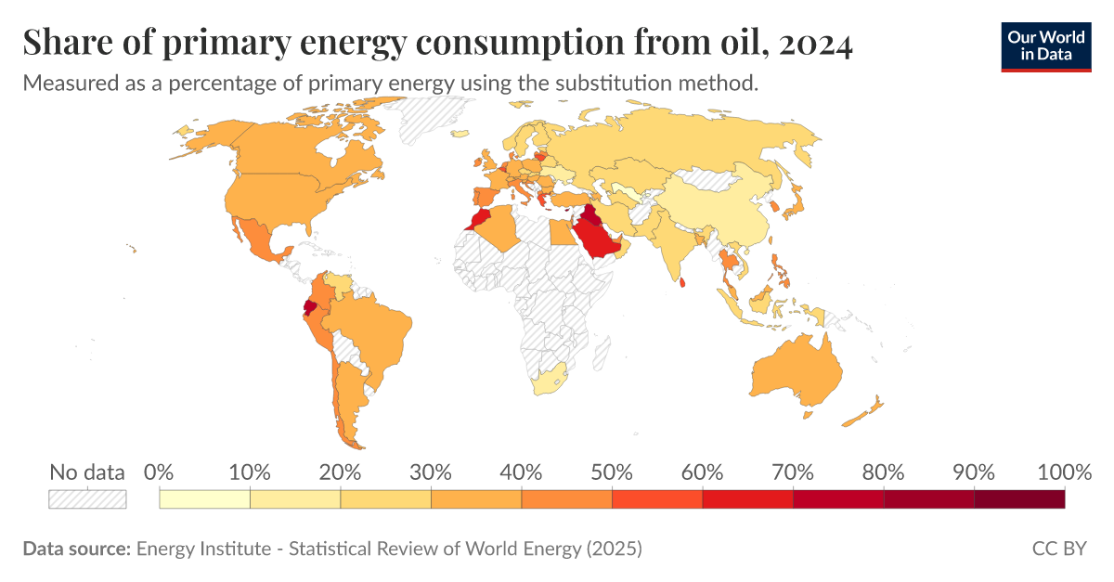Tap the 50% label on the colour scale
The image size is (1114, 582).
(x=612, y=472)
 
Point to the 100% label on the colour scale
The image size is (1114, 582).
(x=1063, y=472)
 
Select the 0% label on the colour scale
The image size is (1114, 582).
(x=160, y=472)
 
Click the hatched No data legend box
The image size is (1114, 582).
(x=87, y=499)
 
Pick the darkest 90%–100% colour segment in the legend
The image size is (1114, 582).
(x=1018, y=499)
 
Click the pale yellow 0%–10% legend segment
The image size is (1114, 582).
(x=204, y=499)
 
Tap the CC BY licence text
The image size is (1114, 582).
(x=1058, y=549)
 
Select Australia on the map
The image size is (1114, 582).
(x=797, y=371)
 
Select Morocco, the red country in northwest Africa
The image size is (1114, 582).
(x=478, y=220)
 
